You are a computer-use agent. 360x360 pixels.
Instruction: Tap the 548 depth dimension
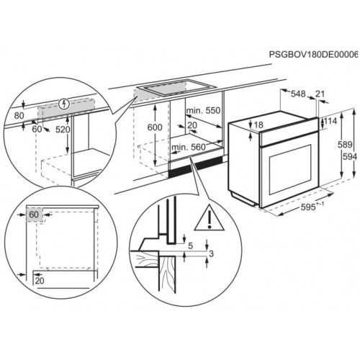(x=298, y=94)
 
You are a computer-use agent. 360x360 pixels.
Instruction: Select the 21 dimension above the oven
(x=320, y=94)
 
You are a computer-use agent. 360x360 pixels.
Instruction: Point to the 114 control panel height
(x=330, y=121)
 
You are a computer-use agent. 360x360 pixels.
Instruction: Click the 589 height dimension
(x=345, y=145)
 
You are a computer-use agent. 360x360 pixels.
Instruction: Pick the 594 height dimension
(x=350, y=157)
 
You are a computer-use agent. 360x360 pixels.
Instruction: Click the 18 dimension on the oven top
(x=258, y=125)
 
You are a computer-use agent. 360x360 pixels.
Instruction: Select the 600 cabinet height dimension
(x=155, y=127)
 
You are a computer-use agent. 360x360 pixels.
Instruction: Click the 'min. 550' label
(x=203, y=110)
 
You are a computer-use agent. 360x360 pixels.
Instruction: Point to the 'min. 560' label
(x=189, y=147)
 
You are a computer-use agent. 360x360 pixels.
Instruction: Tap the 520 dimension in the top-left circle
(x=63, y=130)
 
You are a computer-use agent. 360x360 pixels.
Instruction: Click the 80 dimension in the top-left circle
(x=19, y=116)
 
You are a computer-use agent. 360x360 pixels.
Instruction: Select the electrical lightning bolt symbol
(x=64, y=104)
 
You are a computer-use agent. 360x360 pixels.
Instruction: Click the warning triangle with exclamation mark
(x=210, y=218)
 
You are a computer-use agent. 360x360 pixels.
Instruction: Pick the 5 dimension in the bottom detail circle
(x=191, y=246)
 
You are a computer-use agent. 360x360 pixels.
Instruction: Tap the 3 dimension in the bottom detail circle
(x=211, y=253)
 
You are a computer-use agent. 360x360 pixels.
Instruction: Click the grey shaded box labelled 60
(x=35, y=215)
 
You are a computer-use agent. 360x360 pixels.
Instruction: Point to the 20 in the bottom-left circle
(x=40, y=280)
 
